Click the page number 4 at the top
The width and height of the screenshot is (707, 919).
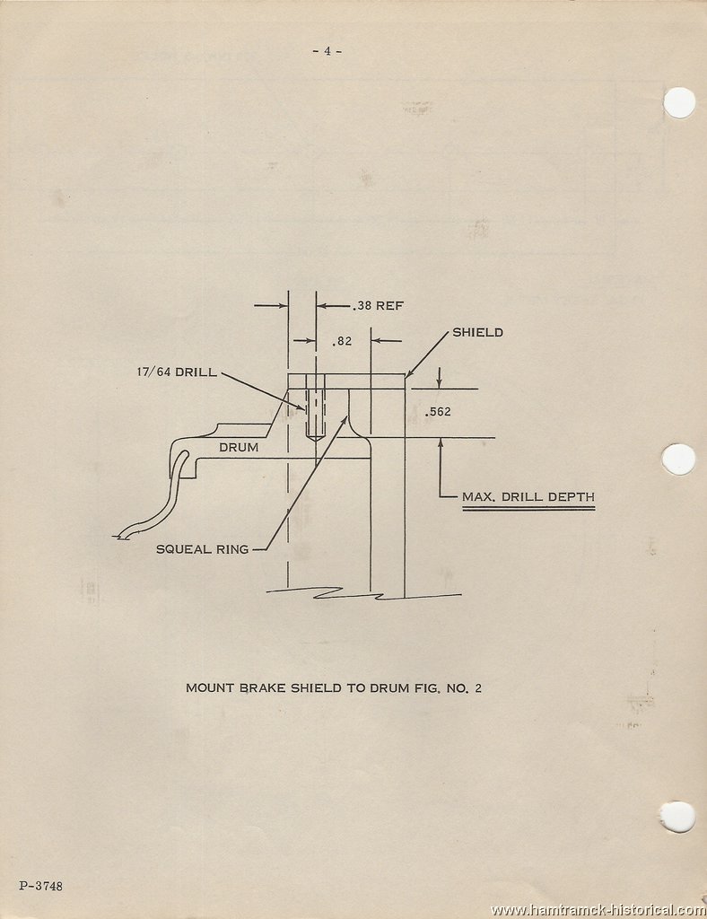coord(327,51)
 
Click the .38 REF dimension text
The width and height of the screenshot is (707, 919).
coord(378,305)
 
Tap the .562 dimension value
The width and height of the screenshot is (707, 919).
coord(439,411)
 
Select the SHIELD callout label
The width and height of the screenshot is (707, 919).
coord(477,332)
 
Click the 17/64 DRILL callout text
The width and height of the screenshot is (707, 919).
coord(177,372)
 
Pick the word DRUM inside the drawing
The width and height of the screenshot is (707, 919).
coord(239,447)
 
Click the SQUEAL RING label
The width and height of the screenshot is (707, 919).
coord(203,549)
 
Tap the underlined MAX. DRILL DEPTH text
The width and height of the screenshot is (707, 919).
coord(528,497)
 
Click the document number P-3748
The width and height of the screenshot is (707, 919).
coord(40,886)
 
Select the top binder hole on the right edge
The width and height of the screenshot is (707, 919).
coord(679,102)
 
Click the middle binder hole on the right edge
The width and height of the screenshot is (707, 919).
coord(679,459)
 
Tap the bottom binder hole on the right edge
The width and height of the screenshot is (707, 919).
coord(677,817)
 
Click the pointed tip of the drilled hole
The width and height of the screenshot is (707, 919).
coord(316,442)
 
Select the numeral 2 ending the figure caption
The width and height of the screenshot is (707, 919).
coord(478,688)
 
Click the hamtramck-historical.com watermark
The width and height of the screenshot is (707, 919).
coord(598,910)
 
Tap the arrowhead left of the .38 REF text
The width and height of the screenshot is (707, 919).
coord(321,305)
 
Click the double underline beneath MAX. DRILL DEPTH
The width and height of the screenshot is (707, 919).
coord(528,508)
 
